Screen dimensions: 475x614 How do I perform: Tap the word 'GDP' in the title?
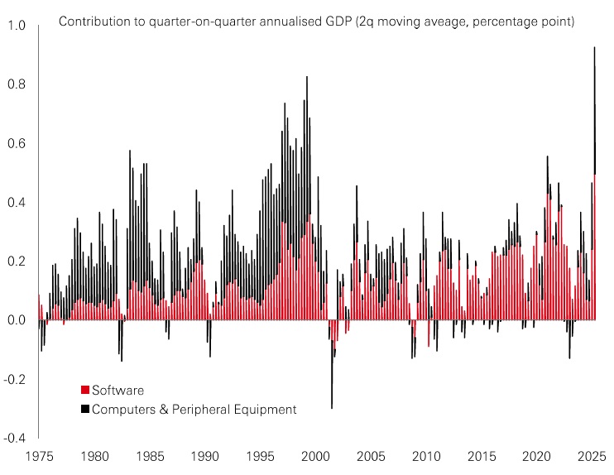pyautogui.click(x=312, y=21)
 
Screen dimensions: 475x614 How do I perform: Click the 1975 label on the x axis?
pyautogui.click(x=40, y=456)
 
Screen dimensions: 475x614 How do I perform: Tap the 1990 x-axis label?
pyautogui.click(x=205, y=456)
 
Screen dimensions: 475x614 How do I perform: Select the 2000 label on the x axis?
pyautogui.click(x=316, y=456)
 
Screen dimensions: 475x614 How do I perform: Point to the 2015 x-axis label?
pyautogui.click(x=482, y=456)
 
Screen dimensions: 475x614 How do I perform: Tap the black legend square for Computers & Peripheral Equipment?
pyautogui.click(x=84, y=409)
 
